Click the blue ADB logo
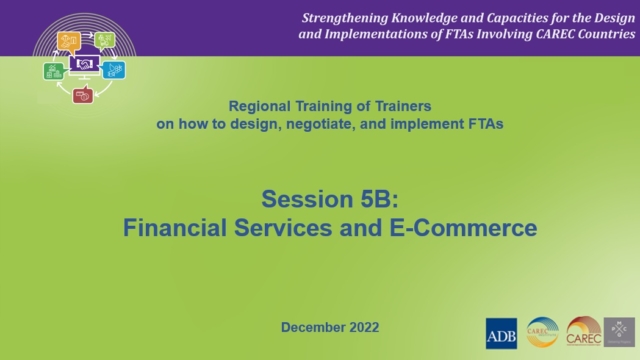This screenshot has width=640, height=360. click(x=501, y=332)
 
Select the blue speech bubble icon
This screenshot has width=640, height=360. click(x=115, y=69)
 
